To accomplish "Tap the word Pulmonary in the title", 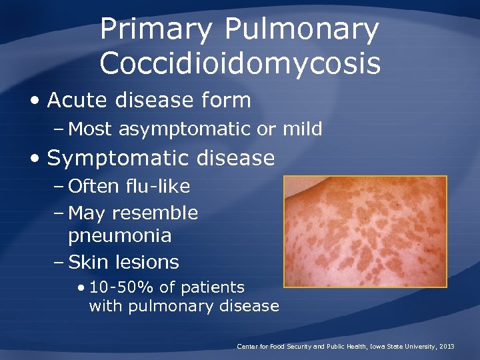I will pos(301,30).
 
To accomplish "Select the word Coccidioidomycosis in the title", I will pos(240,63).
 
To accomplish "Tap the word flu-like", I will pos(157,186).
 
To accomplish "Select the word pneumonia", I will pos(120,236).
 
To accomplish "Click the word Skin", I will pos(87,262).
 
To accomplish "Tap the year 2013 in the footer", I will pos(447,347).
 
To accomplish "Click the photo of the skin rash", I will pos(365,231).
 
